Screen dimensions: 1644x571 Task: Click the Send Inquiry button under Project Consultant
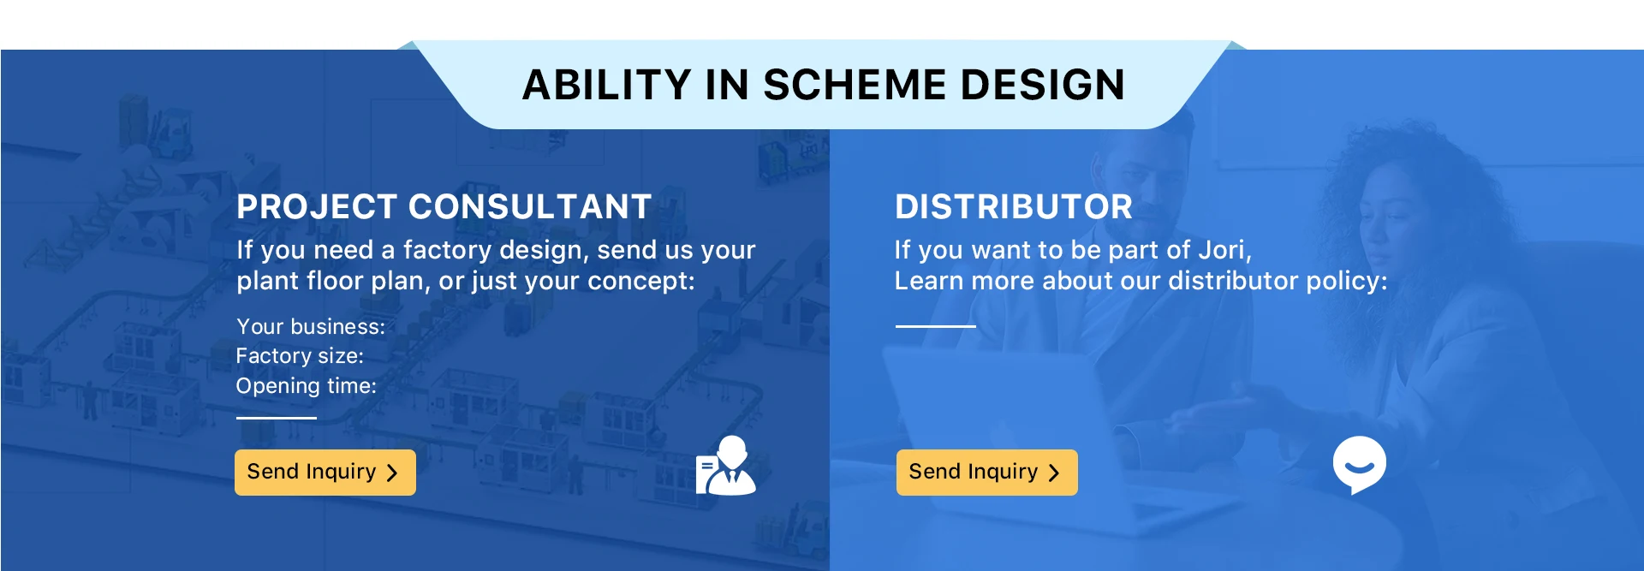coord(325,473)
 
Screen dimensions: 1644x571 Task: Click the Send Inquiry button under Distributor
coord(987,473)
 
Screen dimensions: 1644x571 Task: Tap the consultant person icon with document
coord(726,465)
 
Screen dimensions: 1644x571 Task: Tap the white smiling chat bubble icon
coord(1360,465)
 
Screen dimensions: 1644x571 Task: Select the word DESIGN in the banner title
coord(1043,85)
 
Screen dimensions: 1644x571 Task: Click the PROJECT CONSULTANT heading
coord(444,206)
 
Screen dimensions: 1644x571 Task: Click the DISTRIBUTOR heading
coord(1014,206)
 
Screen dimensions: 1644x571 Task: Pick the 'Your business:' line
coord(311,327)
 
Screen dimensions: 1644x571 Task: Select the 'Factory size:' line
coord(300,356)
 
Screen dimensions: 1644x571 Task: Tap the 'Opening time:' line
coord(307,386)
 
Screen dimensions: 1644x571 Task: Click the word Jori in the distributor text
coord(1224,250)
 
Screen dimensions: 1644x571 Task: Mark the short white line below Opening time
coord(277,418)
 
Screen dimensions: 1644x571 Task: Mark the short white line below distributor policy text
coord(936,326)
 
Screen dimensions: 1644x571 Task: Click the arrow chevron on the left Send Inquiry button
coord(392,473)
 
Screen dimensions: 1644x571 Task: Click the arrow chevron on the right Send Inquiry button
coord(1054,473)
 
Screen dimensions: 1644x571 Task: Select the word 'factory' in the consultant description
coord(447,251)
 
